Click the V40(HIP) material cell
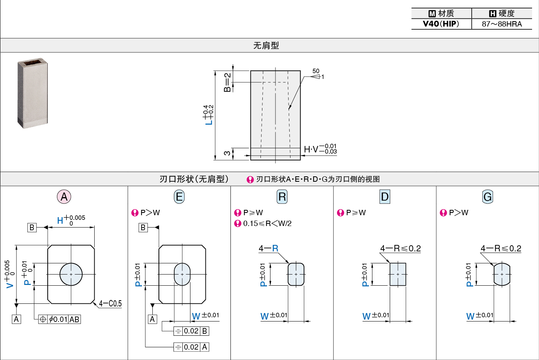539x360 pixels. tap(441, 24)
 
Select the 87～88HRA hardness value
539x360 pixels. tap(502, 24)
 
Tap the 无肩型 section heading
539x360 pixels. tap(266, 45)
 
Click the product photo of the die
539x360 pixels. tap(32, 93)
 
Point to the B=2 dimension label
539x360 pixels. tap(227, 82)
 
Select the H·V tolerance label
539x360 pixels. tap(320, 149)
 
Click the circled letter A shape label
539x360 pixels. tap(64, 197)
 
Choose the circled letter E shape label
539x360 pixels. tap(179, 197)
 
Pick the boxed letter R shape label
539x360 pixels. tap(282, 197)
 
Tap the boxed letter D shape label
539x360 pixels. tap(384, 197)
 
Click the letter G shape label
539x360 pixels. tap(487, 197)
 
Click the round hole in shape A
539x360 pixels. tap(71, 274)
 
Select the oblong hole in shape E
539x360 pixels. tap(182, 274)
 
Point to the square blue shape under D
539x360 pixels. tap(398, 274)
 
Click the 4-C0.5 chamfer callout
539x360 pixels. tap(110, 303)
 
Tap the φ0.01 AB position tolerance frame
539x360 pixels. tap(59, 319)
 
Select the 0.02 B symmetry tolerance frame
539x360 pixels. tap(191, 331)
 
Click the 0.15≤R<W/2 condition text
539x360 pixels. tap(267, 223)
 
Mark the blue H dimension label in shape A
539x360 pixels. tap(60, 220)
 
